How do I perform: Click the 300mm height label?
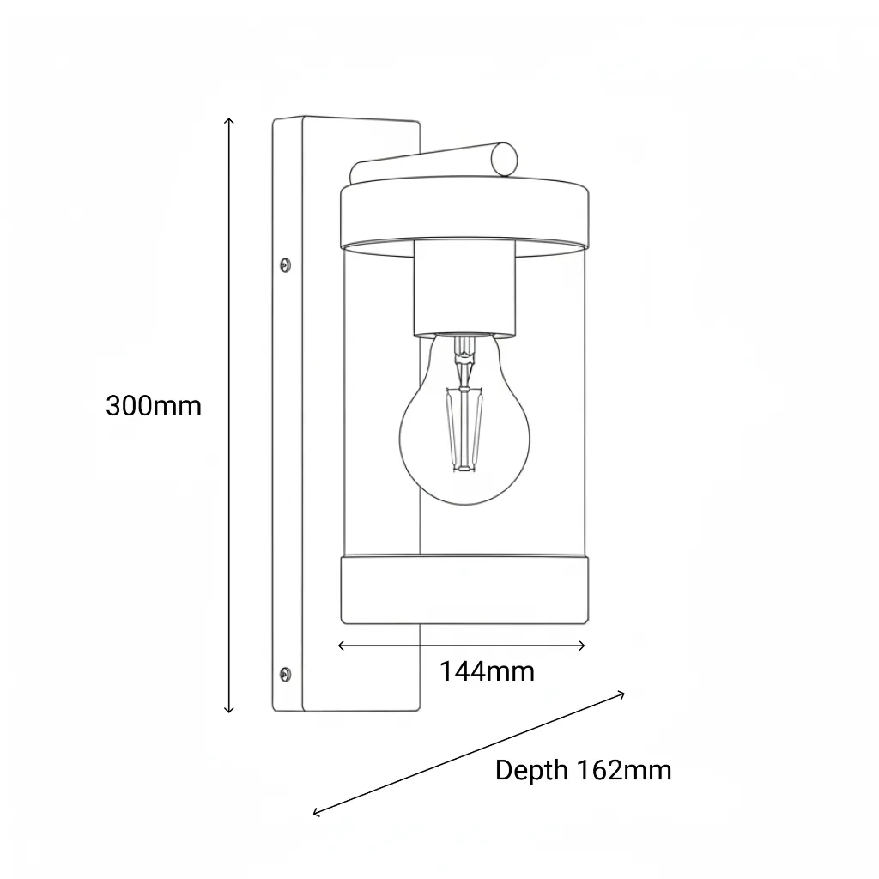tap(154, 406)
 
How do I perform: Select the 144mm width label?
tap(487, 671)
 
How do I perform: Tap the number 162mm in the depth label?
tap(623, 770)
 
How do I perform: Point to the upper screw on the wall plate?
tap(285, 264)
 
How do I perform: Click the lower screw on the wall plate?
tap(285, 674)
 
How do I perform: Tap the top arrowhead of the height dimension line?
tap(228, 120)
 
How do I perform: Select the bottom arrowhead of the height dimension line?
tap(228, 710)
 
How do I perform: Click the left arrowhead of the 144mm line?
tap(341, 646)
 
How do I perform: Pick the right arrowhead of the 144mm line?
tap(583, 646)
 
